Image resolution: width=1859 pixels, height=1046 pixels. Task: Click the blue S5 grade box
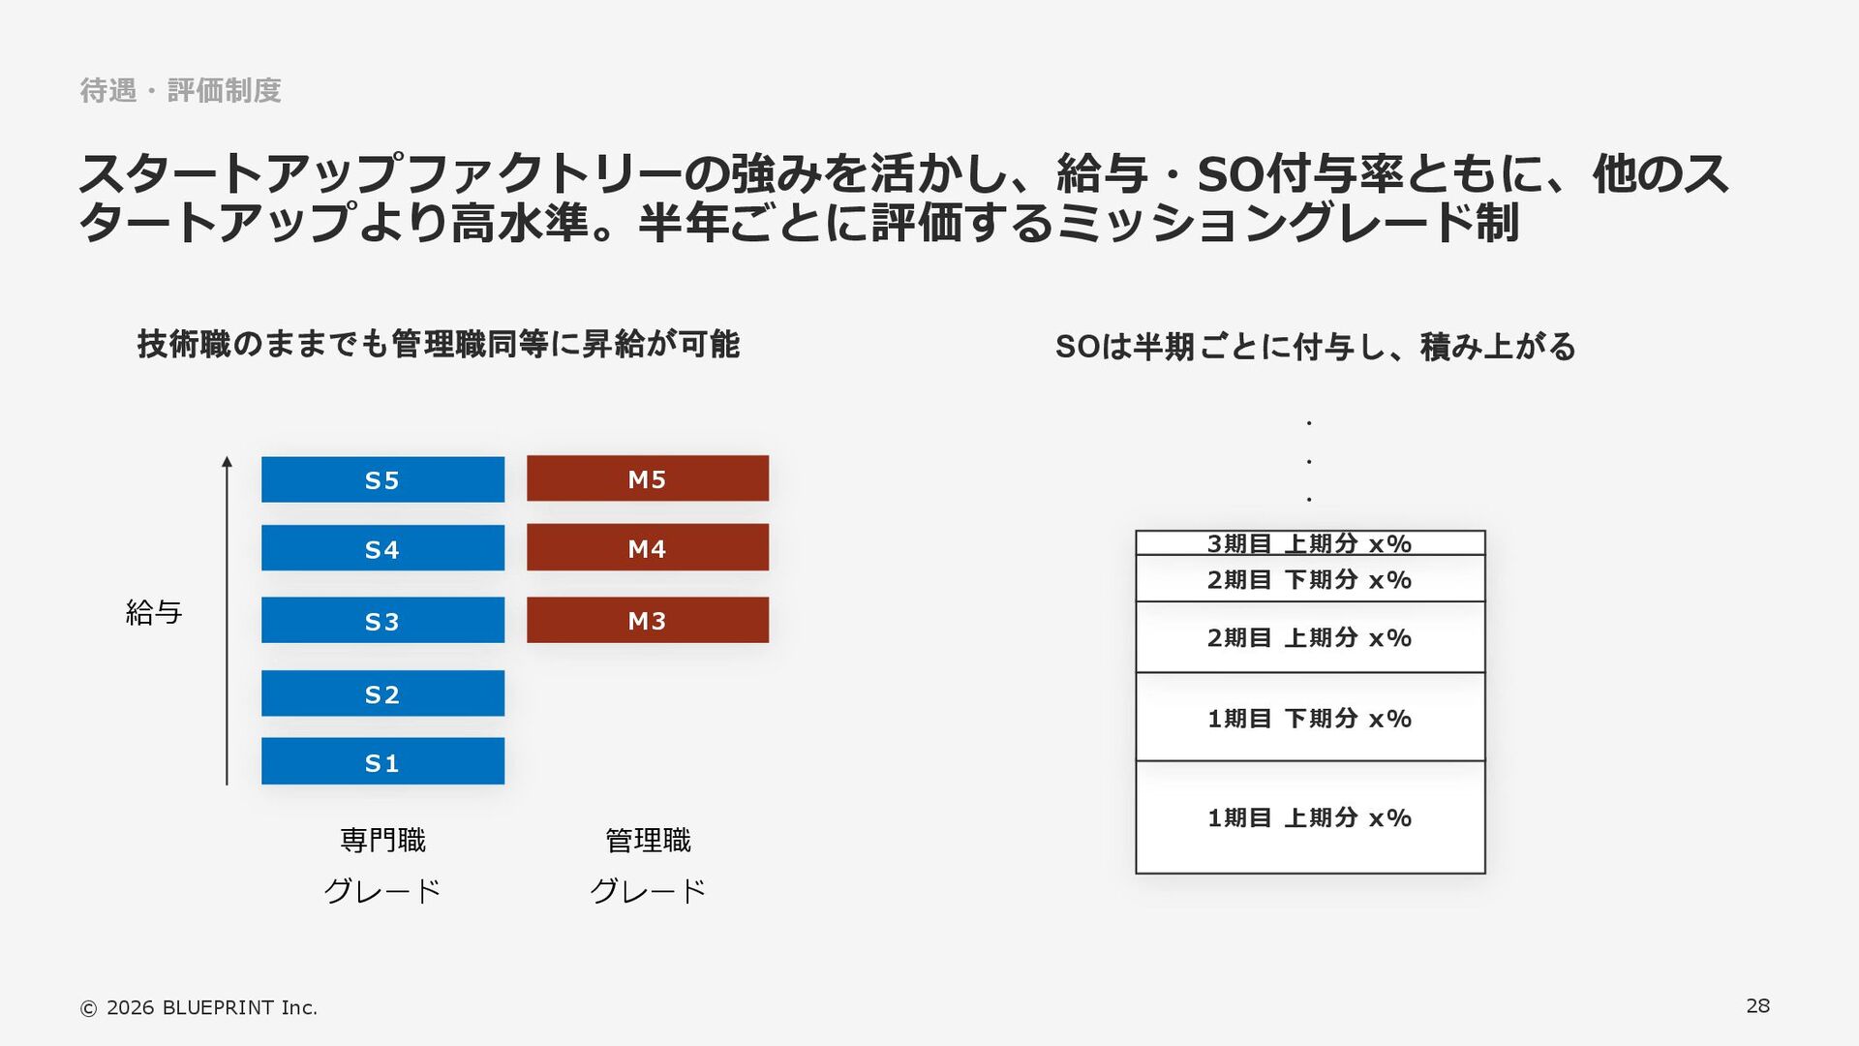[382, 479]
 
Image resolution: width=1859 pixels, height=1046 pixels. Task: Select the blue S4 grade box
[382, 548]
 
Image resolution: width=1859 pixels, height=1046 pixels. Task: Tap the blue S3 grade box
[382, 620]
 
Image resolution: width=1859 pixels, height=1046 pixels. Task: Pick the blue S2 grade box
[382, 693]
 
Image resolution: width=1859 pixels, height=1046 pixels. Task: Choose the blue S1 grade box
[382, 761]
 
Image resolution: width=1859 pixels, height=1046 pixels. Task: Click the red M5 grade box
[647, 478]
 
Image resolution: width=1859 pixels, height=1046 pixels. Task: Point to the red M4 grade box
[647, 547]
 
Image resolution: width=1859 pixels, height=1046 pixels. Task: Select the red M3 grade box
[647, 620]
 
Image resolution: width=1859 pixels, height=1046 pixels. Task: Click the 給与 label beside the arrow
[154, 612]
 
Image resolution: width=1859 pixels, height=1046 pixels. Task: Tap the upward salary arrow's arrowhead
[227, 462]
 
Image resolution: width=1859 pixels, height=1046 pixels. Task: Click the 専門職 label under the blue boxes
[382, 840]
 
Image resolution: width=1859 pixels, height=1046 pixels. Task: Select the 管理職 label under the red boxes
[648, 840]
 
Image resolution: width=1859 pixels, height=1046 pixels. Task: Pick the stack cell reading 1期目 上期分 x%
[1309, 817]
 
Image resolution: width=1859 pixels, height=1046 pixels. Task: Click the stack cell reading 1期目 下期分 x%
[1309, 718]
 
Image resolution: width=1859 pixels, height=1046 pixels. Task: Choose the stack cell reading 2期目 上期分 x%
[1309, 637]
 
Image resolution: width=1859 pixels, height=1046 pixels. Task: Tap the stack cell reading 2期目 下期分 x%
[1309, 579]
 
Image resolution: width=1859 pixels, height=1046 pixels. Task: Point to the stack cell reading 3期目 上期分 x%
[1309, 543]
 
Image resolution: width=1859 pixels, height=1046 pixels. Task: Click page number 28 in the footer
[1757, 1005]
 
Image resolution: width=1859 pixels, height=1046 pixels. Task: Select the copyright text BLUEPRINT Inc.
[198, 1007]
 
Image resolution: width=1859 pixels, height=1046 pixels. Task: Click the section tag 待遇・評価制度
[180, 90]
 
